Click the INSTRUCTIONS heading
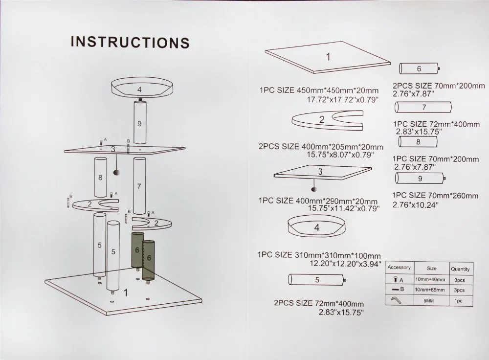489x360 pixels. coord(130,42)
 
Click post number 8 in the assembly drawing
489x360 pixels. coord(100,177)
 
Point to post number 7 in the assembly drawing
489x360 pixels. coord(139,186)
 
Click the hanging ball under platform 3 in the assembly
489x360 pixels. coord(117,172)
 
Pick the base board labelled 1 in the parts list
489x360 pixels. coord(328,57)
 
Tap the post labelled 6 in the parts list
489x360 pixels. coord(420,68)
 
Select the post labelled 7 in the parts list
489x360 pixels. coord(423,107)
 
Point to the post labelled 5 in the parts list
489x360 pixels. coord(317,279)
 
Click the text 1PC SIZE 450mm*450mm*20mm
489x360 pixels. coord(319,90)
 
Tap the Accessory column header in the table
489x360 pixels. coord(399,268)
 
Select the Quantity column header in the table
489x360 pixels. coord(460,269)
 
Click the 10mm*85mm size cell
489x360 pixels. coord(429,290)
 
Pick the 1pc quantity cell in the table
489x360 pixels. coord(458,301)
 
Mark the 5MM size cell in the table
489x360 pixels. coord(429,301)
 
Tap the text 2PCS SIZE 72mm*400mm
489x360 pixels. coord(319,303)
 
